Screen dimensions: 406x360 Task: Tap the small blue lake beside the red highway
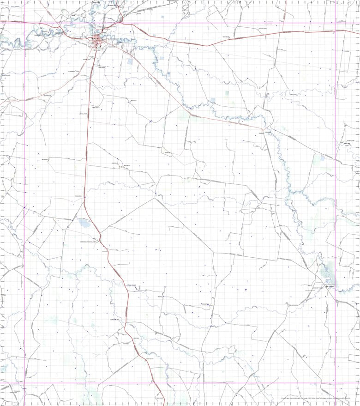(84, 224)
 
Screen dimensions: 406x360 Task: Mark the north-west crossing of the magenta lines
(24, 23)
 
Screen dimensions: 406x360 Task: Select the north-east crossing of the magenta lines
(336, 23)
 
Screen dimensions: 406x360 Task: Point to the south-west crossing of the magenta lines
(24, 382)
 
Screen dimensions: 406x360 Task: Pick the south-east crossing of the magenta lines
(336, 382)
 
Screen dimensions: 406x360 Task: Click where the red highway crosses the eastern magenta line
(336, 31)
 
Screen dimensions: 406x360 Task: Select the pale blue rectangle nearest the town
(130, 61)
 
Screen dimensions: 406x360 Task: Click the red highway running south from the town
(86, 139)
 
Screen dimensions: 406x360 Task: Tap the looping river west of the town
(37, 37)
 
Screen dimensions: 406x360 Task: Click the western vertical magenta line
(24, 185)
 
